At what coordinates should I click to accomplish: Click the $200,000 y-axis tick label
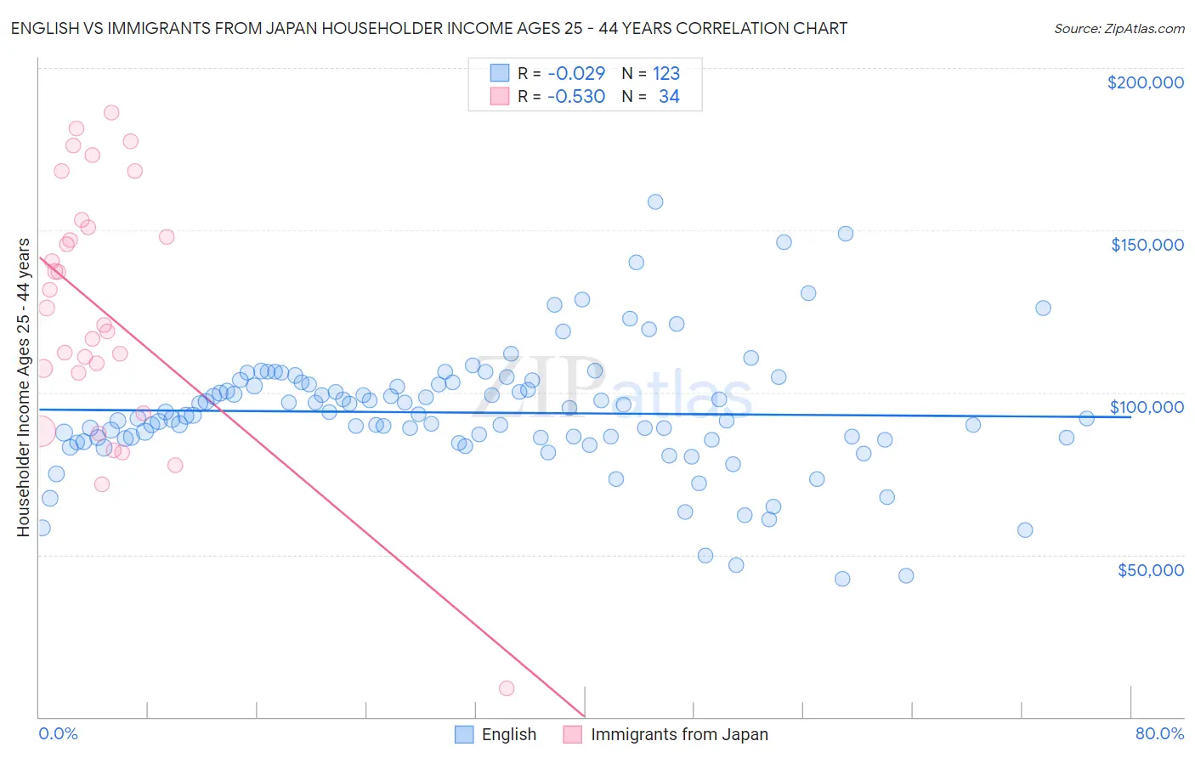(x=1145, y=82)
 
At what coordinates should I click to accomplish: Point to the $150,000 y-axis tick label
(x=1147, y=245)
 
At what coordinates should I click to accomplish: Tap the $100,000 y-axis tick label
(x=1147, y=407)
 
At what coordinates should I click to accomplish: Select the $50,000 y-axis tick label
(x=1150, y=569)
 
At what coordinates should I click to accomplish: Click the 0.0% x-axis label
(x=58, y=733)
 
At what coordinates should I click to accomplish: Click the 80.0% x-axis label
(x=1159, y=733)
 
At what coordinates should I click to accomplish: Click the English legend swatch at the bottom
(x=464, y=734)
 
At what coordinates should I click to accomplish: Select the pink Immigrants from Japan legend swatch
(x=573, y=734)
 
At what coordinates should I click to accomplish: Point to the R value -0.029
(x=575, y=73)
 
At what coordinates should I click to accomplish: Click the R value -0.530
(x=575, y=96)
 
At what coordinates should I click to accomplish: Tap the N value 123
(x=666, y=73)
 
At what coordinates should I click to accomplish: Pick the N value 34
(x=669, y=96)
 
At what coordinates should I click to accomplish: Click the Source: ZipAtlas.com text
(x=1119, y=28)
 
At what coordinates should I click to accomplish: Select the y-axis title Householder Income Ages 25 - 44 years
(x=24, y=387)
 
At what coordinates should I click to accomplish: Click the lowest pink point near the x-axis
(x=507, y=688)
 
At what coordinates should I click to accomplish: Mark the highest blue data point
(x=655, y=202)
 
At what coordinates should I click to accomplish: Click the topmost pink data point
(x=111, y=112)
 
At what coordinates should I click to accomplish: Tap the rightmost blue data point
(x=1086, y=418)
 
